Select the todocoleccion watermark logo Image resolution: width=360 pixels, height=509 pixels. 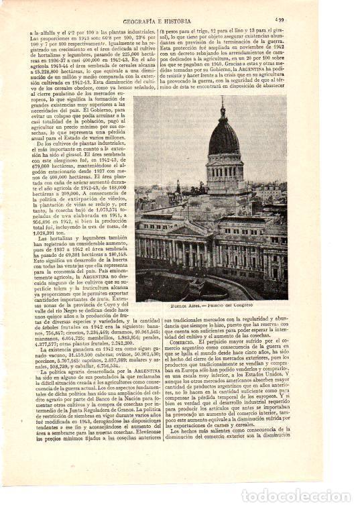tap(296, 496)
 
